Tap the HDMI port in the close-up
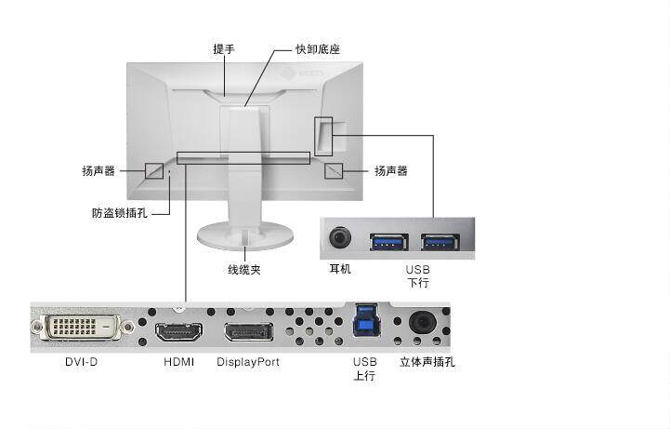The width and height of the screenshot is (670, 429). (x=178, y=332)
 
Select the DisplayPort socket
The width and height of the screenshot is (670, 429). (x=248, y=332)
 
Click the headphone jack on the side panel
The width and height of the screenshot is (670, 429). (x=341, y=238)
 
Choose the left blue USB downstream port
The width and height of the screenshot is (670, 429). (x=388, y=242)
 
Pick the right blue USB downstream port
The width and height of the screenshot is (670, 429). (x=440, y=242)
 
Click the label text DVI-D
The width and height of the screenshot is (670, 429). (x=81, y=362)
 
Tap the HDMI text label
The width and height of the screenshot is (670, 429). (x=178, y=362)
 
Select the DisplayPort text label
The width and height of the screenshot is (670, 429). (x=248, y=362)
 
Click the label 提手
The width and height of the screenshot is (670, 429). (x=223, y=48)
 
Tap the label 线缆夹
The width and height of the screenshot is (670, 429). (x=244, y=270)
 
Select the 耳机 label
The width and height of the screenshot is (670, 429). (x=340, y=270)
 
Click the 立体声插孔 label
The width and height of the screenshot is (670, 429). (x=427, y=362)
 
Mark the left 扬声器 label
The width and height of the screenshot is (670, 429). (x=99, y=171)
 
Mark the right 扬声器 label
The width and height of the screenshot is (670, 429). (x=390, y=171)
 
